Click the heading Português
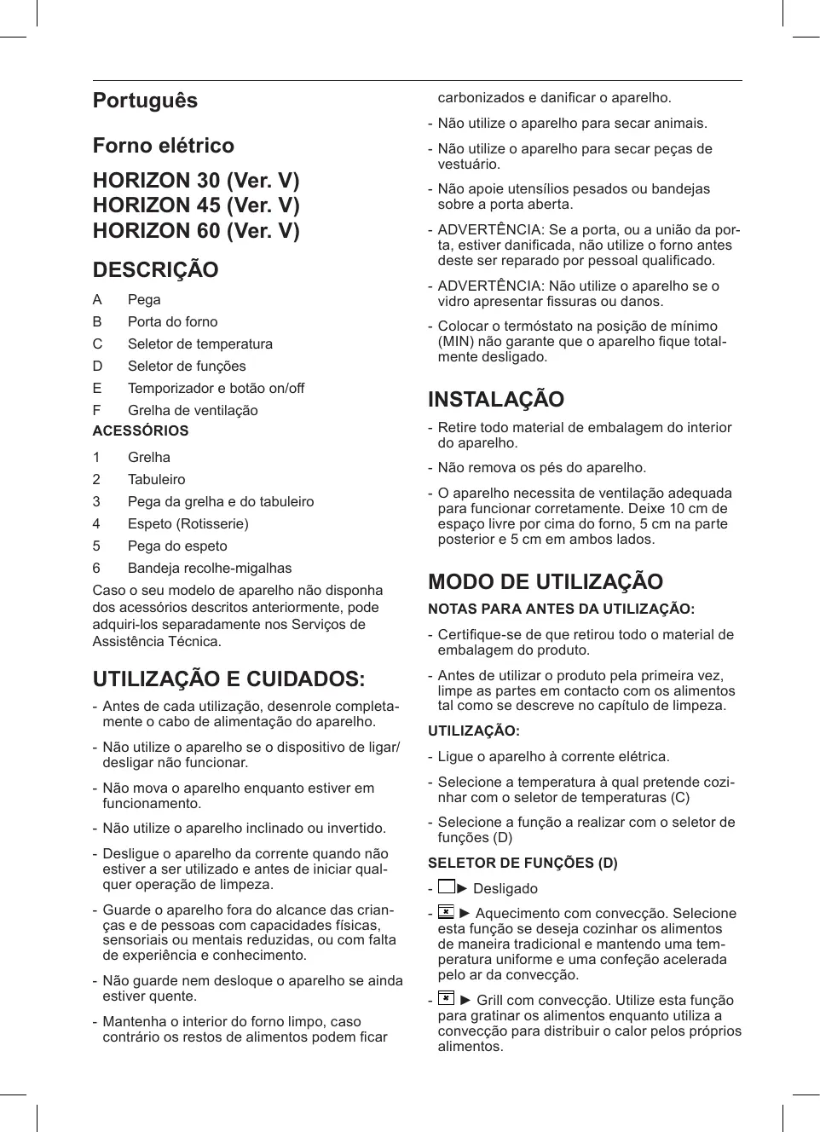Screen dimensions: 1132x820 [x=145, y=101]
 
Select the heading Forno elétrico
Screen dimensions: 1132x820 [x=163, y=146]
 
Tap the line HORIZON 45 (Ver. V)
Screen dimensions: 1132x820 [x=196, y=205]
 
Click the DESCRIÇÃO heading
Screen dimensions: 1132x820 [x=155, y=270]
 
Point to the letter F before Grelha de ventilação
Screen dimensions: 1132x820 [x=97, y=410]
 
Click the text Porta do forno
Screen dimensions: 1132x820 [x=172, y=321]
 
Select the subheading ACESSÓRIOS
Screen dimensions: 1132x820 [x=141, y=431]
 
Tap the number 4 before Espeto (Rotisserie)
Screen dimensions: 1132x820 [x=96, y=523]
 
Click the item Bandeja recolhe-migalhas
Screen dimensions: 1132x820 [x=210, y=568]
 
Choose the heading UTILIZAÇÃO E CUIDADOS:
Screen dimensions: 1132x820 [x=228, y=679]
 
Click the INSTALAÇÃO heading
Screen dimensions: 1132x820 [x=496, y=400]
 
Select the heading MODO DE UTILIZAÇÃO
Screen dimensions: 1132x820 [x=546, y=582]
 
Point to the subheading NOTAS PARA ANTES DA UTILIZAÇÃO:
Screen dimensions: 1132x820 [x=561, y=609]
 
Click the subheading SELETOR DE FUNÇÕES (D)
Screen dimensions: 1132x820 [x=523, y=863]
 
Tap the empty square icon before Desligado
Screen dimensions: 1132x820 [x=446, y=887]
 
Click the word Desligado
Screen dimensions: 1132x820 [x=505, y=888]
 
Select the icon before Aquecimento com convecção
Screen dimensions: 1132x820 [x=446, y=913]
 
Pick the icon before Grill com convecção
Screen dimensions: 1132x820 [x=446, y=999]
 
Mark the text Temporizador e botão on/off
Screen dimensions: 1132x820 [x=216, y=388]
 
